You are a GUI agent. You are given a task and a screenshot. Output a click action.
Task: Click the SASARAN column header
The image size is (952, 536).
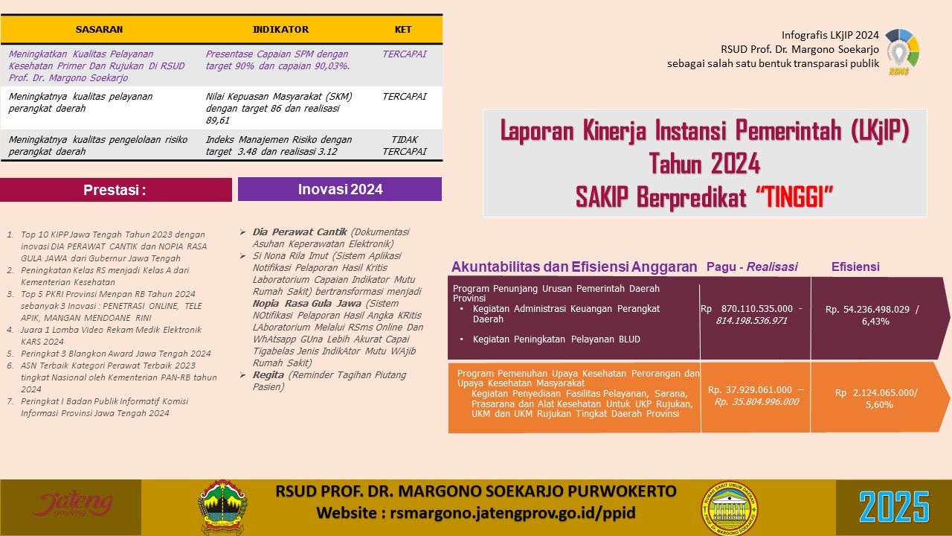pyautogui.click(x=99, y=30)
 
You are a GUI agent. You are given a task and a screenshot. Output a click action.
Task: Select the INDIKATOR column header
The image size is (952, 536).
pyautogui.click(x=280, y=30)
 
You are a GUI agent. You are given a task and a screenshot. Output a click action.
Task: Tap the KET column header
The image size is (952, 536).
pyautogui.click(x=403, y=30)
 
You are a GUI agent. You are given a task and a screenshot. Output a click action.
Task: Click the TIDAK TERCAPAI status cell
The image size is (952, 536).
pyautogui.click(x=404, y=145)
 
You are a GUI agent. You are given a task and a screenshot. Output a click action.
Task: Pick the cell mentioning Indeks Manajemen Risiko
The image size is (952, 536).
pyautogui.click(x=279, y=145)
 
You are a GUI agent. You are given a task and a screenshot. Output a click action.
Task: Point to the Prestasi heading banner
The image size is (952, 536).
pyautogui.click(x=115, y=190)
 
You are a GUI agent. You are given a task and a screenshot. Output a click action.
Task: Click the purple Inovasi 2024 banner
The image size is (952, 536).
pyautogui.click(x=340, y=189)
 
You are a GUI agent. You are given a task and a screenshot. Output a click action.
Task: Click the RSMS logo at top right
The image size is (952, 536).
pyautogui.click(x=901, y=52)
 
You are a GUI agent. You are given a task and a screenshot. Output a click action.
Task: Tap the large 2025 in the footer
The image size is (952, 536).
pyautogui.click(x=894, y=508)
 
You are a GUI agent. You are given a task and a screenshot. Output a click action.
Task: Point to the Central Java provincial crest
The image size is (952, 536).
pyautogui.click(x=222, y=507)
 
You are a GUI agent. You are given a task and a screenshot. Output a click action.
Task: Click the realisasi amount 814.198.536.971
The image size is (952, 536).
pyautogui.click(x=751, y=320)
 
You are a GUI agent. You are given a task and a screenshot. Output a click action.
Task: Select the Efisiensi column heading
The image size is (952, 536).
pyautogui.click(x=855, y=267)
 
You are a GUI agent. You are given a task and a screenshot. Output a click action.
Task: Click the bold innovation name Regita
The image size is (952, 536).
pyautogui.click(x=268, y=374)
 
